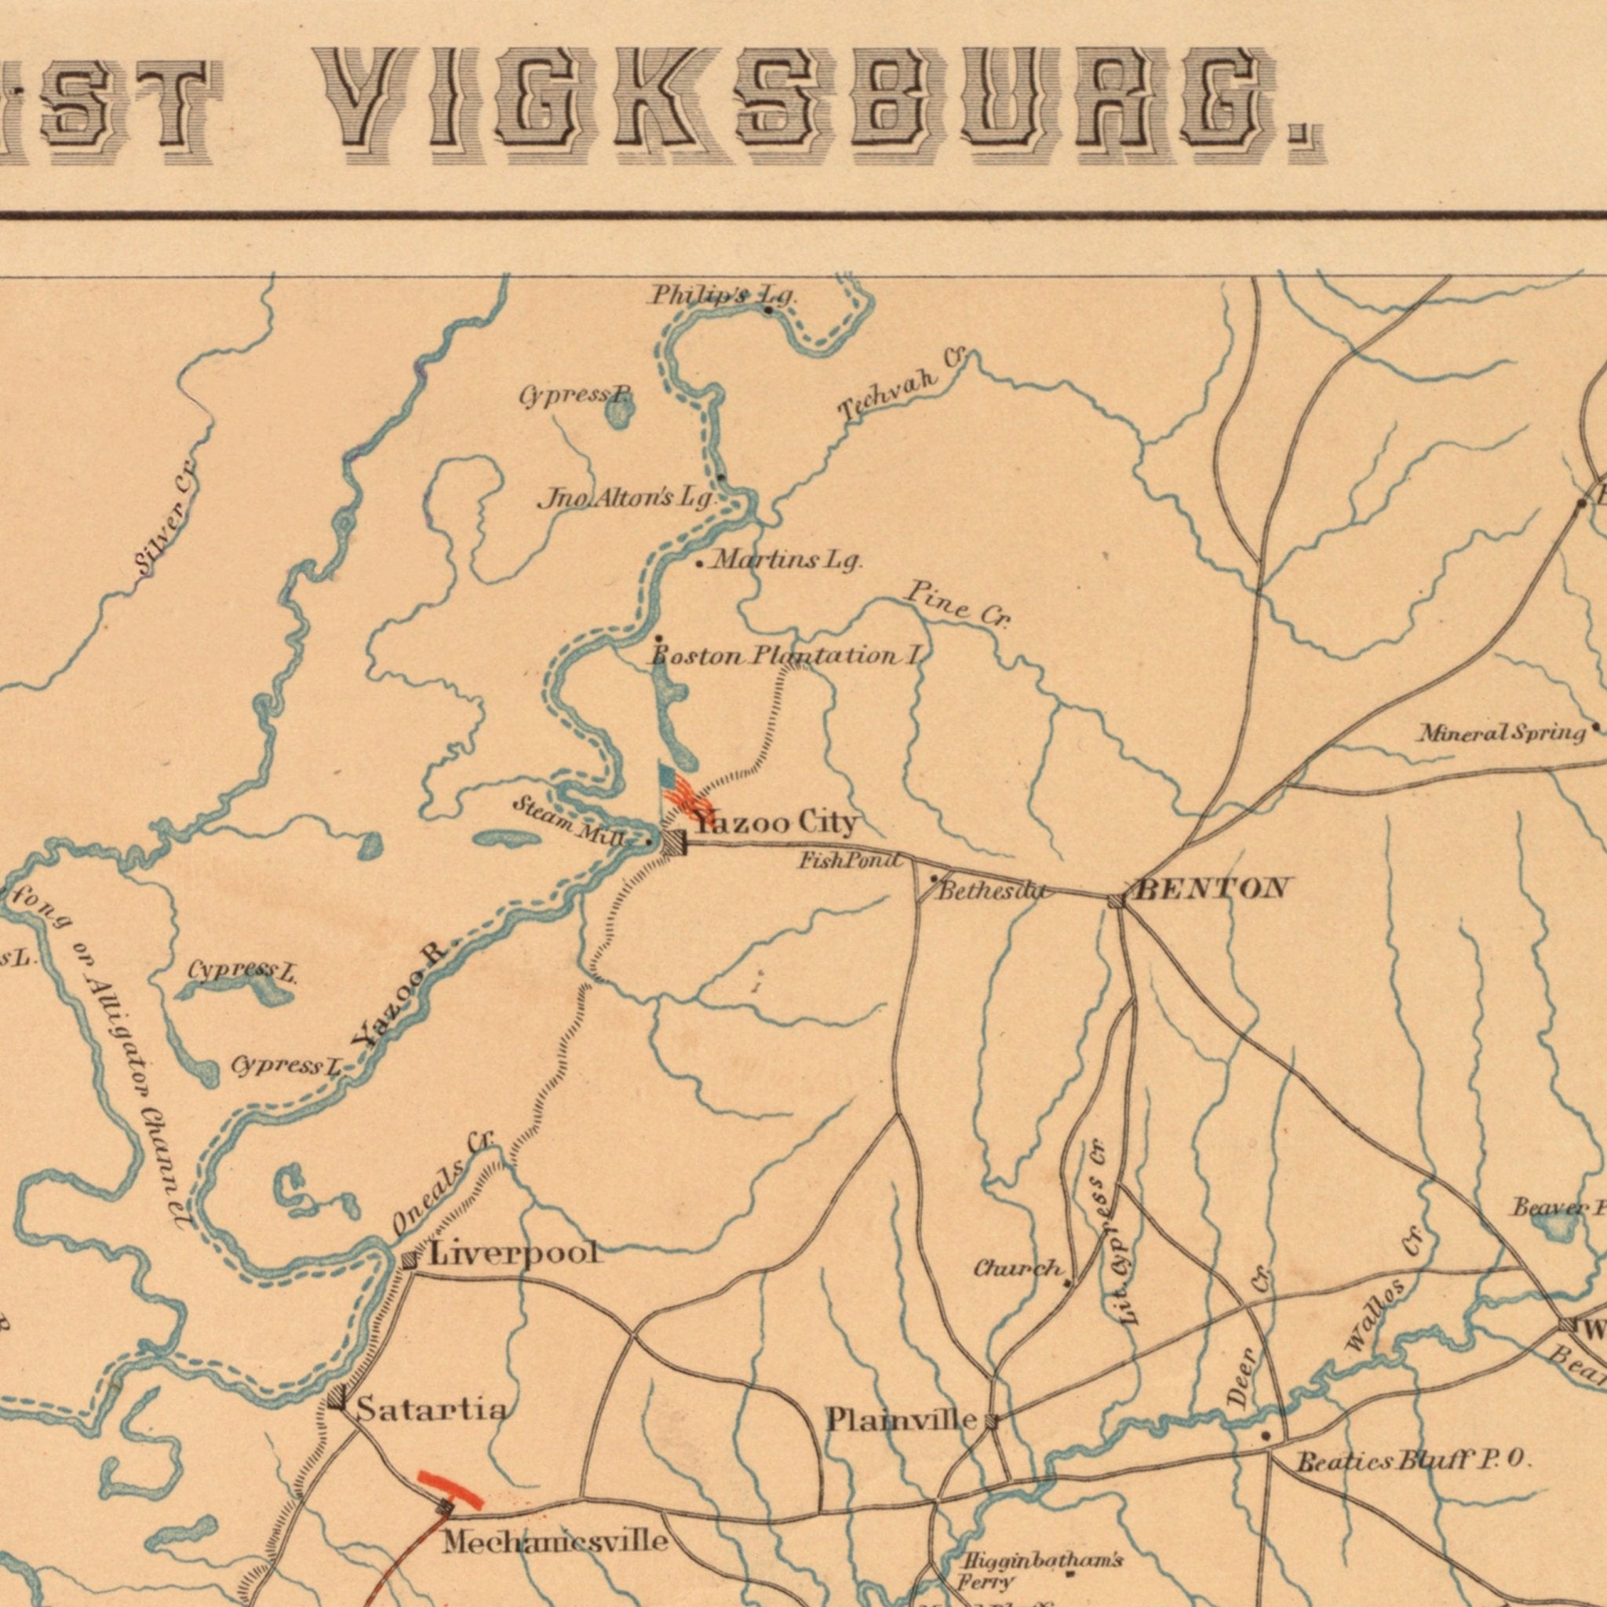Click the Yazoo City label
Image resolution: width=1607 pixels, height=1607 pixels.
tap(775, 823)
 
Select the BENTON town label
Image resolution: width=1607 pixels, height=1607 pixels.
tap(1212, 888)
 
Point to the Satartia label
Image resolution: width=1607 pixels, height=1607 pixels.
tap(432, 1409)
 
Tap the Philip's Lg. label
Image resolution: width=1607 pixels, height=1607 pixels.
tap(723, 295)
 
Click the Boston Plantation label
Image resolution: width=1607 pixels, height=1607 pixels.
tap(786, 656)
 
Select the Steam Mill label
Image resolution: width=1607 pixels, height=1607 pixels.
tap(568, 820)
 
